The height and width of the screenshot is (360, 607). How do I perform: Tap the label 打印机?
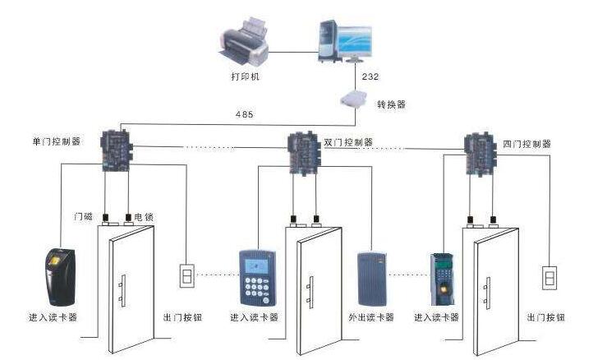click(246, 75)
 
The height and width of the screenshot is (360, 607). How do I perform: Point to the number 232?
click(369, 76)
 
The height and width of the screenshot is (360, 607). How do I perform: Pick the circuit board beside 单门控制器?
click(114, 149)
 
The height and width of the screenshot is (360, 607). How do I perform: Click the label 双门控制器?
click(348, 142)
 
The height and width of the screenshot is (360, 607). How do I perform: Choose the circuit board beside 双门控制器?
click(305, 150)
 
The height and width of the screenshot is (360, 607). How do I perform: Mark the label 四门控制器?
click(526, 143)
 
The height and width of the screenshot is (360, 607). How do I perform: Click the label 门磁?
click(83, 217)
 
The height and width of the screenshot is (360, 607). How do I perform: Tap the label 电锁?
click(144, 217)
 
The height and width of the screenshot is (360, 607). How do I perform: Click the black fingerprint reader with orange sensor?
click(60, 275)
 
